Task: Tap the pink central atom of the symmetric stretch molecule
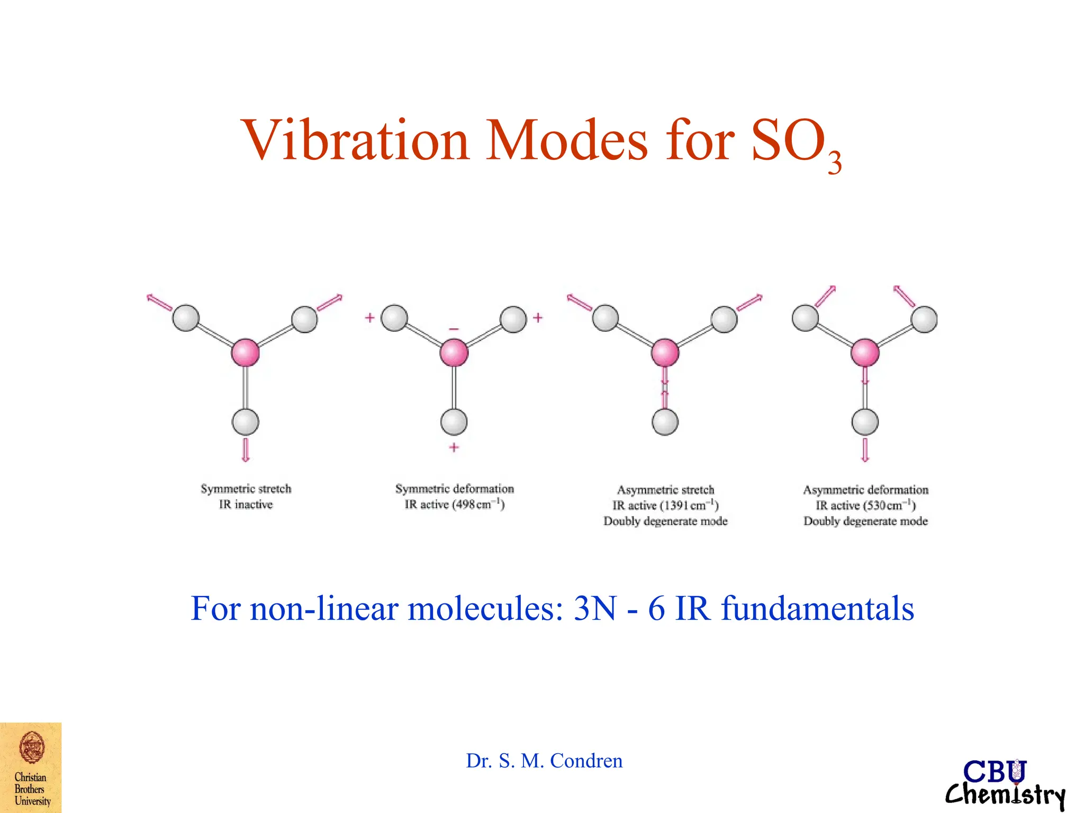245,353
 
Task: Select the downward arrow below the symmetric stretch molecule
245,449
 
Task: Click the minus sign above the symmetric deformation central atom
454,329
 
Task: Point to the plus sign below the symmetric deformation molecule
454,447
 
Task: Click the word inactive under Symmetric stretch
254,504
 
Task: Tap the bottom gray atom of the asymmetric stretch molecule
665,422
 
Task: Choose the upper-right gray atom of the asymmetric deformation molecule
924,319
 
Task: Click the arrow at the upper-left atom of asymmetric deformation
826,296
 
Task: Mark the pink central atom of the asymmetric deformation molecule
865,353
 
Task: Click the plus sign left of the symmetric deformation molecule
369,318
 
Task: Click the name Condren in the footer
586,761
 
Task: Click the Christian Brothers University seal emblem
32,748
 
